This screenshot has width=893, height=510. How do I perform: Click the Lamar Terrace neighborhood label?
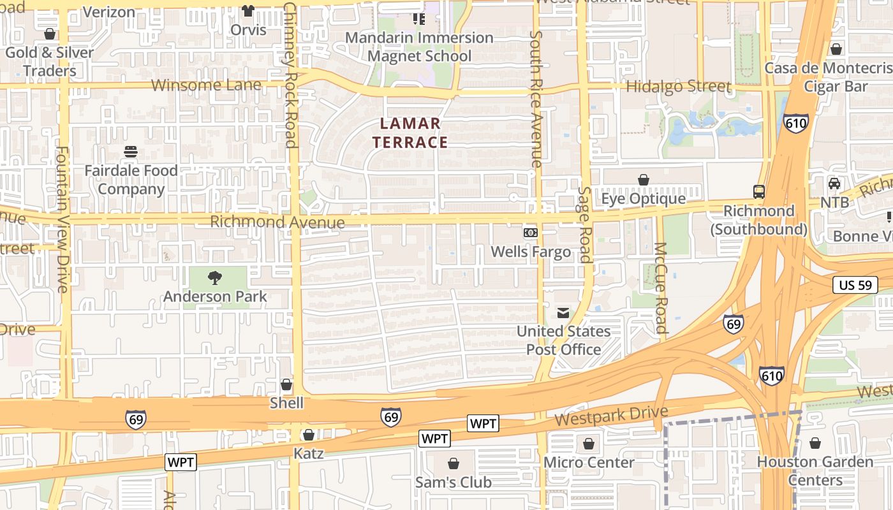(410, 133)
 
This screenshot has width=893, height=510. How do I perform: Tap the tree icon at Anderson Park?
(215, 277)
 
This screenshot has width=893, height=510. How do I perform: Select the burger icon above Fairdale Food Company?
(131, 152)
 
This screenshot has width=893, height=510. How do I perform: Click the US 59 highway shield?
(855, 285)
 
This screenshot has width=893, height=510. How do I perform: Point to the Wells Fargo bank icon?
(531, 233)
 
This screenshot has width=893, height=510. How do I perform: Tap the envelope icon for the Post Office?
(563, 312)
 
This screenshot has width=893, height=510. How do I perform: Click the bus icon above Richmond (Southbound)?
(759, 191)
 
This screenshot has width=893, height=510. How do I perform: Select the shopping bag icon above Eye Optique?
(644, 180)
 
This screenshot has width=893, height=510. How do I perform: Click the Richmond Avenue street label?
(277, 222)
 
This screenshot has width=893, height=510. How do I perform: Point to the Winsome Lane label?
(206, 85)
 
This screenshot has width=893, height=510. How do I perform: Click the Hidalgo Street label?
(679, 86)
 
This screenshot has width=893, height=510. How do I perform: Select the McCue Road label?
(661, 288)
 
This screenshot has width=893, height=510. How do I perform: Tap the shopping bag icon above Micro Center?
(589, 443)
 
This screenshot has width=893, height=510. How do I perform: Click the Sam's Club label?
(454, 482)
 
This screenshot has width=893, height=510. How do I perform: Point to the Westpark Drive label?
(611, 416)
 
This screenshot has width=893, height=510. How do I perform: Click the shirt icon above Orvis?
(248, 11)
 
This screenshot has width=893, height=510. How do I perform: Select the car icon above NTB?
(834, 184)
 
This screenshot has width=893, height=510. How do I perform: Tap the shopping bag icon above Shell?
(286, 384)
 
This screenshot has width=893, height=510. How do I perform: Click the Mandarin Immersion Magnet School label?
(419, 47)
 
